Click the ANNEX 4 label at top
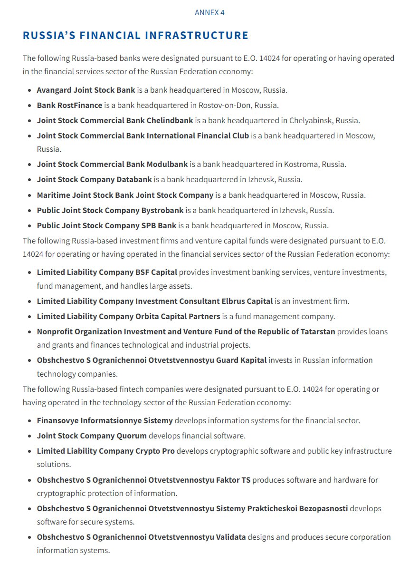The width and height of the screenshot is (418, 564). [209, 13]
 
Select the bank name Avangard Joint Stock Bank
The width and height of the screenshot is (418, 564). [86, 90]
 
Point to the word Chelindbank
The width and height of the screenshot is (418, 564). [170, 120]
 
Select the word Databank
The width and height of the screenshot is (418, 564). [134, 180]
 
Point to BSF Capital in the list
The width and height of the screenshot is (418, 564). [156, 272]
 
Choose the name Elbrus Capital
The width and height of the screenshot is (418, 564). [247, 301]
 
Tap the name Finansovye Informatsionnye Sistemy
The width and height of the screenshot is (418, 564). [105, 420]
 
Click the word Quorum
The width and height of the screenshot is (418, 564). [132, 436]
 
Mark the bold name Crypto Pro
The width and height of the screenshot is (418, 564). [155, 451]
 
